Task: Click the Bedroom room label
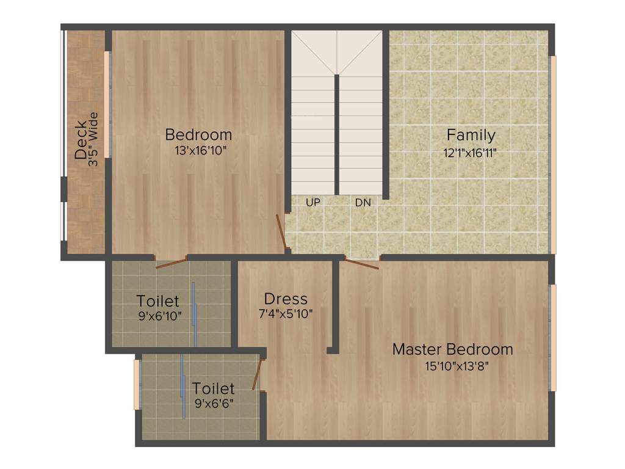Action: point(198,134)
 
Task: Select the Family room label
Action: point(471,134)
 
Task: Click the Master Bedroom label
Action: point(452,349)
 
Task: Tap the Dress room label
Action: point(286,299)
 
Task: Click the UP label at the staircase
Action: point(312,202)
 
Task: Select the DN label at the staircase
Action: point(363,202)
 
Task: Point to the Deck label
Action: point(81,140)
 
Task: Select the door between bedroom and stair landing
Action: point(281,231)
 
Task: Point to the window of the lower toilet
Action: point(137,385)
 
